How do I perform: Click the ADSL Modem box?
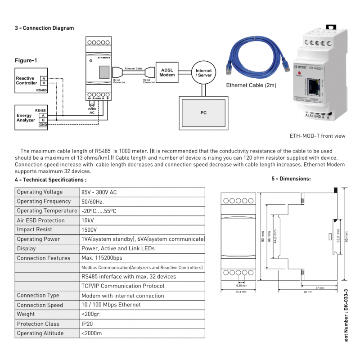coord(167,72)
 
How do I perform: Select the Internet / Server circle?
coord(203,73)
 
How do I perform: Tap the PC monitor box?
coord(203,113)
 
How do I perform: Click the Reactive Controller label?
coord(27,81)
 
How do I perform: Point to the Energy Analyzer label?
coord(26,118)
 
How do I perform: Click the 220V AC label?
coord(92,111)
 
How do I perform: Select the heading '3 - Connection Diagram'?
coord(44,28)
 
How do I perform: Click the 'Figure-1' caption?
coord(26,60)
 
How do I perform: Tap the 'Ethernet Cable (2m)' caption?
coord(251,85)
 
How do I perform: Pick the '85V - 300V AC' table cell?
coord(99,192)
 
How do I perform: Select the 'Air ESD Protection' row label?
coord(40,220)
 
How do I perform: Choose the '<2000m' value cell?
coord(91,333)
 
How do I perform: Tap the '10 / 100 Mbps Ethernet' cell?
coord(111,305)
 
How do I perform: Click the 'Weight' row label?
coord(26,315)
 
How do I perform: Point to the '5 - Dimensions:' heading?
coord(291,179)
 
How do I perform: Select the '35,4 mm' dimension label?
coord(241,292)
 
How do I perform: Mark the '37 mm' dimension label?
coord(320,287)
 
